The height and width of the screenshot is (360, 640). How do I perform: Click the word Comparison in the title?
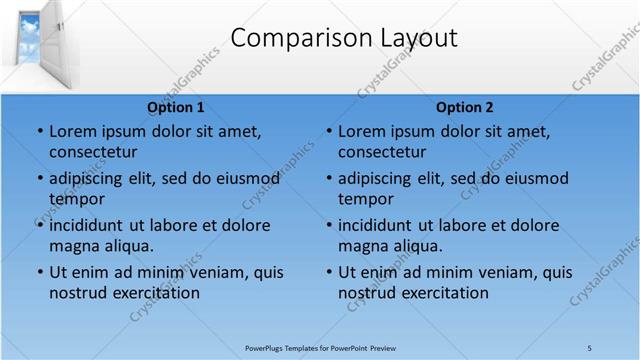(x=292, y=38)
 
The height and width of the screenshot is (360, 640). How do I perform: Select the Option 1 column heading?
(x=176, y=107)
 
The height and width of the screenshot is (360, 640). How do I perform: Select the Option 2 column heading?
(x=464, y=107)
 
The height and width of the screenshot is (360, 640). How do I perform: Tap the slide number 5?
(x=590, y=347)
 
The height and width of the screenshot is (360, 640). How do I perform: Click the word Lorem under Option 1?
(x=75, y=131)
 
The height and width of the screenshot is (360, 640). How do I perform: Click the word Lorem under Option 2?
(x=364, y=131)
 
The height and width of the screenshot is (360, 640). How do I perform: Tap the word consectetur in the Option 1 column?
(x=93, y=152)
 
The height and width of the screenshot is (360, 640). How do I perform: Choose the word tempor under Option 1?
(x=76, y=199)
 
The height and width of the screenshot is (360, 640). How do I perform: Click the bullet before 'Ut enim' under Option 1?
(x=39, y=272)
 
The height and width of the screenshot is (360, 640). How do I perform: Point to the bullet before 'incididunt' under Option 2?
(x=328, y=225)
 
